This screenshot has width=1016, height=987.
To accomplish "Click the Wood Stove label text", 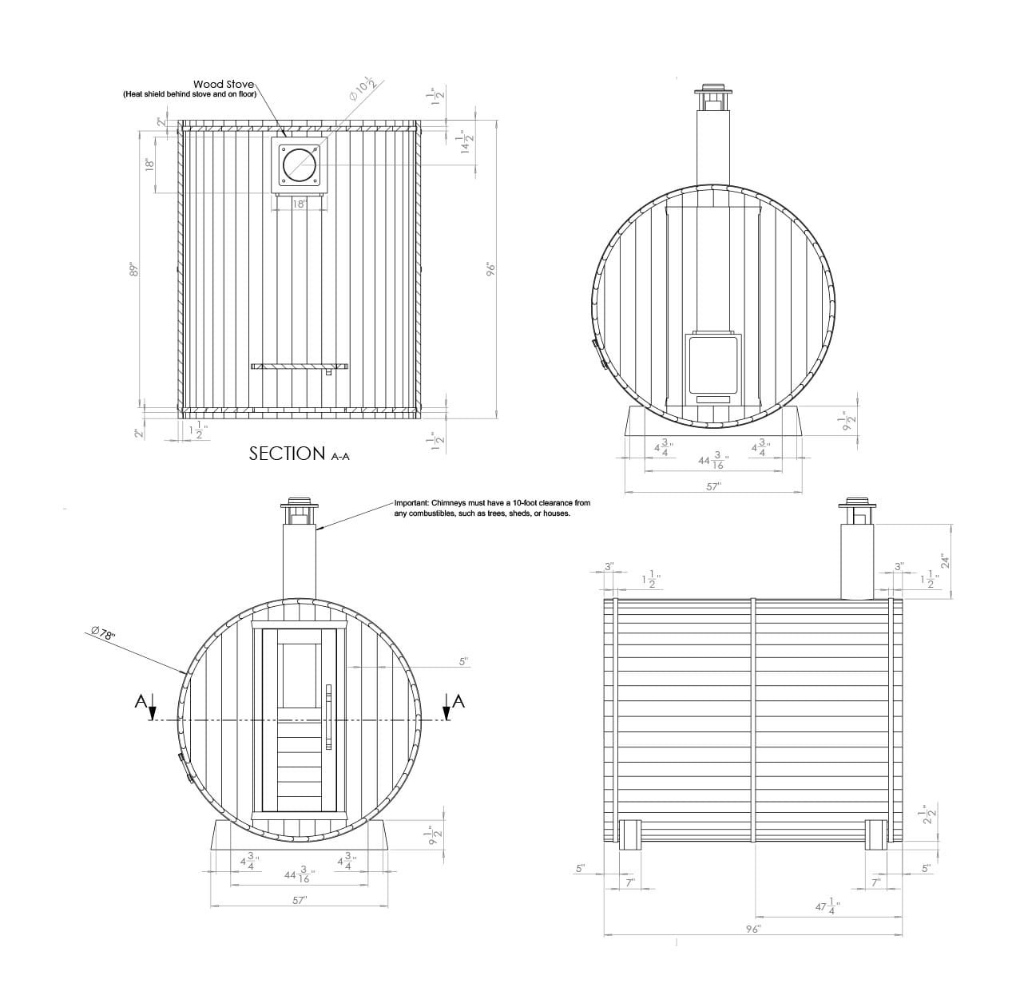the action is [x=224, y=84].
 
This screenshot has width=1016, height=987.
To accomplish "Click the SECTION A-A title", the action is [x=300, y=454].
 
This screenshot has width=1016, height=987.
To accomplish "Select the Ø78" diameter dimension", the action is [x=103, y=633].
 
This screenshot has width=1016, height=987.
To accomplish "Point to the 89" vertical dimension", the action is [x=135, y=269].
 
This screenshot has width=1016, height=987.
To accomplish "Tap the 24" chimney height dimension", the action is [x=945, y=561].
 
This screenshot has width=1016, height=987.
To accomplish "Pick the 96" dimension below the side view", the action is [x=753, y=929].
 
